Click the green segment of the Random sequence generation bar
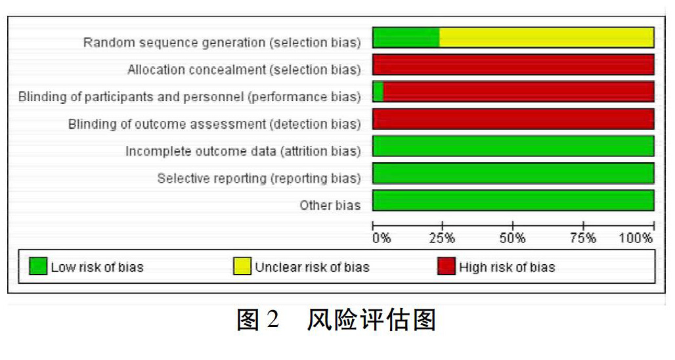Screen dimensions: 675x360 pos(406,37)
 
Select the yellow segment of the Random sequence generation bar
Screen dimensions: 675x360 pos(547,37)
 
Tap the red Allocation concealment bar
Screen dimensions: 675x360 pos(513,64)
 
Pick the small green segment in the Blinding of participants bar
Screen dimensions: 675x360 pos(378,92)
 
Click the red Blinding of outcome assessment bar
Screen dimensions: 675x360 pos(513,119)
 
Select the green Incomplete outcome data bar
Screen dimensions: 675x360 pos(513,146)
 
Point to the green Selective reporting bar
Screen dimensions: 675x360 pos(513,173)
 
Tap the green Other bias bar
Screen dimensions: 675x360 pos(513,200)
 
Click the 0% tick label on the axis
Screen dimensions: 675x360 pos(382,238)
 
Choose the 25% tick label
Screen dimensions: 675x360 pos(442,238)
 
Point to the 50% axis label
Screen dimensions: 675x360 pos(512,238)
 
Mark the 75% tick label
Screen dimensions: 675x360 pos(583,238)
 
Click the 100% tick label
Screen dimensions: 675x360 pos(636,238)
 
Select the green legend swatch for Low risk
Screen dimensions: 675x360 pos(38,266)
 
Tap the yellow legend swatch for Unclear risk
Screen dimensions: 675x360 pos(242,266)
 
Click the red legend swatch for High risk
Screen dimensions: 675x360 pos(446,266)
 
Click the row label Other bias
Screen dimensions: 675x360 pos(330,206)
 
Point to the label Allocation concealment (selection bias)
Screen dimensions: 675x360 pos(244,70)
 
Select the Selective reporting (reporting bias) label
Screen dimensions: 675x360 pos(259,178)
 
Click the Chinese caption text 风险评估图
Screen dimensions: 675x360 pos(372,320)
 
